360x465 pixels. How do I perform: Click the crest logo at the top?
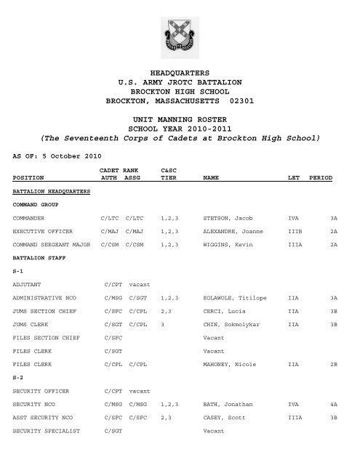179,37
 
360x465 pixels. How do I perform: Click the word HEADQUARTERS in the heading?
179,74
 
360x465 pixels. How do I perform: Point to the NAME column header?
212,177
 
